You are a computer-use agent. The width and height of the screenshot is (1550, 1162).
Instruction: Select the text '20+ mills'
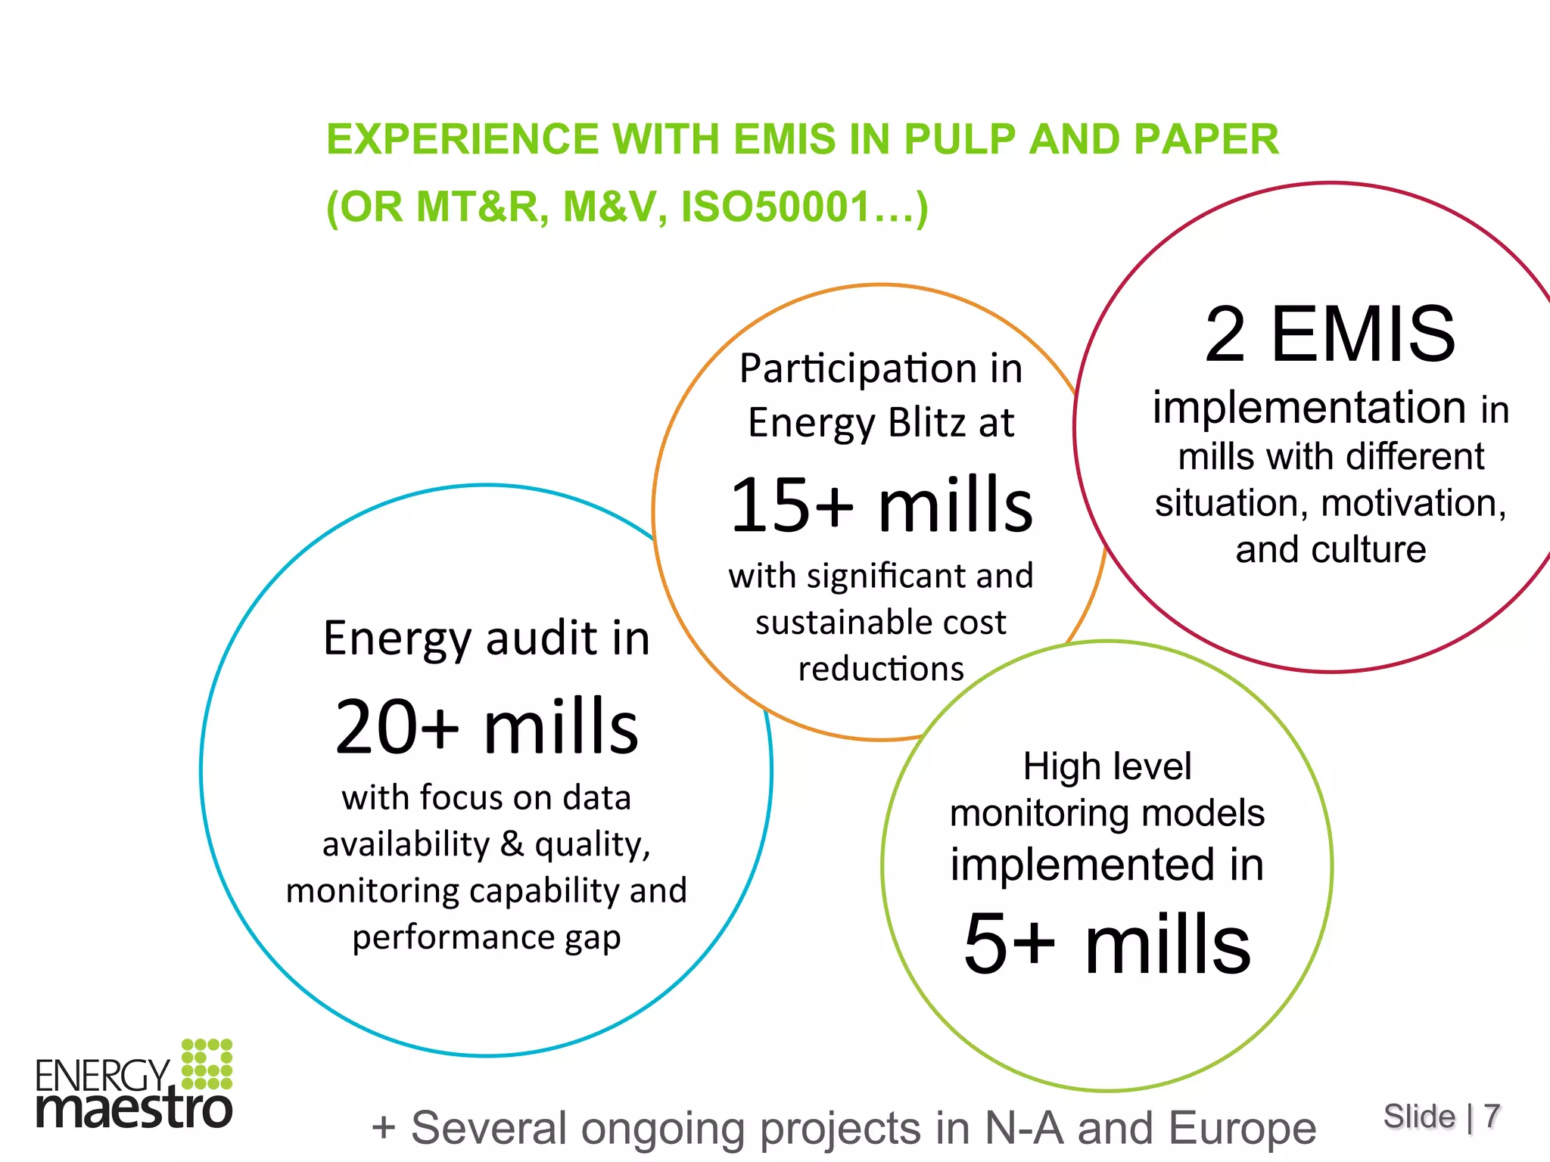click(x=487, y=727)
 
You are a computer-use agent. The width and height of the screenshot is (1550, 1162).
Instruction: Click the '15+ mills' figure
click(x=881, y=505)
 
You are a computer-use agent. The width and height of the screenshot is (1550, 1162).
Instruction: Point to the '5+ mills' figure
click(x=1107, y=943)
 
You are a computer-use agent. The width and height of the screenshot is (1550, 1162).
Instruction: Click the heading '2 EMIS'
click(x=1330, y=334)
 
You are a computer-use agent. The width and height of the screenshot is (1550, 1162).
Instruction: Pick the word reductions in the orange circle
click(x=881, y=670)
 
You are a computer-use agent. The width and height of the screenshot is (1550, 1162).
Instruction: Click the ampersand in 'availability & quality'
click(x=512, y=844)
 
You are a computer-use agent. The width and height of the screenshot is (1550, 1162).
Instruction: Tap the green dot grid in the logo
click(x=207, y=1063)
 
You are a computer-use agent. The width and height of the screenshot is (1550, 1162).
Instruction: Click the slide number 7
click(x=1491, y=1117)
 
